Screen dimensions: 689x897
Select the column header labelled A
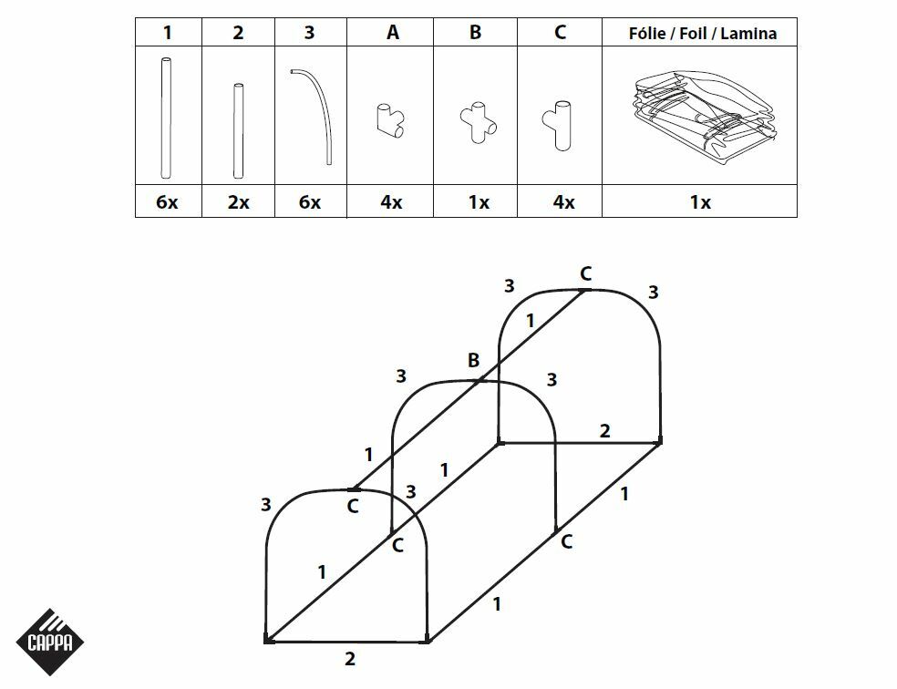pyautogui.click(x=393, y=33)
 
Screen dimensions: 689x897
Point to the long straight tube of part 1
pyautogui.click(x=165, y=117)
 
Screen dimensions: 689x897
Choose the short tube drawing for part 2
pyautogui.click(x=238, y=130)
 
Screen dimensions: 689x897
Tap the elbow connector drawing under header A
pyautogui.click(x=392, y=119)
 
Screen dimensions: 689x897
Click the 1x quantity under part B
pyautogui.click(x=478, y=202)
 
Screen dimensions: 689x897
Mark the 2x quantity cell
pyautogui.click(x=238, y=202)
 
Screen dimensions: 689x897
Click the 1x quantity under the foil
pyautogui.click(x=700, y=202)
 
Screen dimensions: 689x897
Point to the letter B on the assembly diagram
pyautogui.click(x=473, y=361)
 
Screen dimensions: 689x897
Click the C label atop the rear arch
pyautogui.click(x=586, y=273)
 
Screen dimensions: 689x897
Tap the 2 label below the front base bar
pyautogui.click(x=350, y=659)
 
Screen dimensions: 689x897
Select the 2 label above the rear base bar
pyautogui.click(x=605, y=431)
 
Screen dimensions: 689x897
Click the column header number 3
pyautogui.click(x=310, y=33)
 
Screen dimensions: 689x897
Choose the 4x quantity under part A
pyautogui.click(x=391, y=202)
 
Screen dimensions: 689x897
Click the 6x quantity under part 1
pyautogui.click(x=167, y=202)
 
